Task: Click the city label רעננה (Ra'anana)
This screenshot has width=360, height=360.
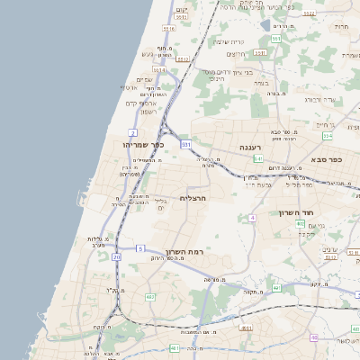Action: (x=249, y=147)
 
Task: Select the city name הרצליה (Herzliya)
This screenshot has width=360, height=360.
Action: (x=193, y=198)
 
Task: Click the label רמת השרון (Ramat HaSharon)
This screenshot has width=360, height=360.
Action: (x=187, y=252)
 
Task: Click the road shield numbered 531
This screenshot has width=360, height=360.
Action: (x=185, y=143)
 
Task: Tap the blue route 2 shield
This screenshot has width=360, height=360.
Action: (x=133, y=132)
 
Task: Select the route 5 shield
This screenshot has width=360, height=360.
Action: (x=140, y=247)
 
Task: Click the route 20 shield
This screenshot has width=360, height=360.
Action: (x=116, y=257)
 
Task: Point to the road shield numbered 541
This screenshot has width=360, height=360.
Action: (x=257, y=158)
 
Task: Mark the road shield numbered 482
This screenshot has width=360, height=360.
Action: (x=150, y=297)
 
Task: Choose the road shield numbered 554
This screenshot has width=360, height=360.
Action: (x=328, y=136)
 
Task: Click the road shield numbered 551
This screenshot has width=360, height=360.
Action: (x=275, y=39)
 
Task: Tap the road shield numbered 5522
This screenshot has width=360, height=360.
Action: (x=309, y=13)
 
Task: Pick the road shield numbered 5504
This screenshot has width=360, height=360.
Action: (x=159, y=69)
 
